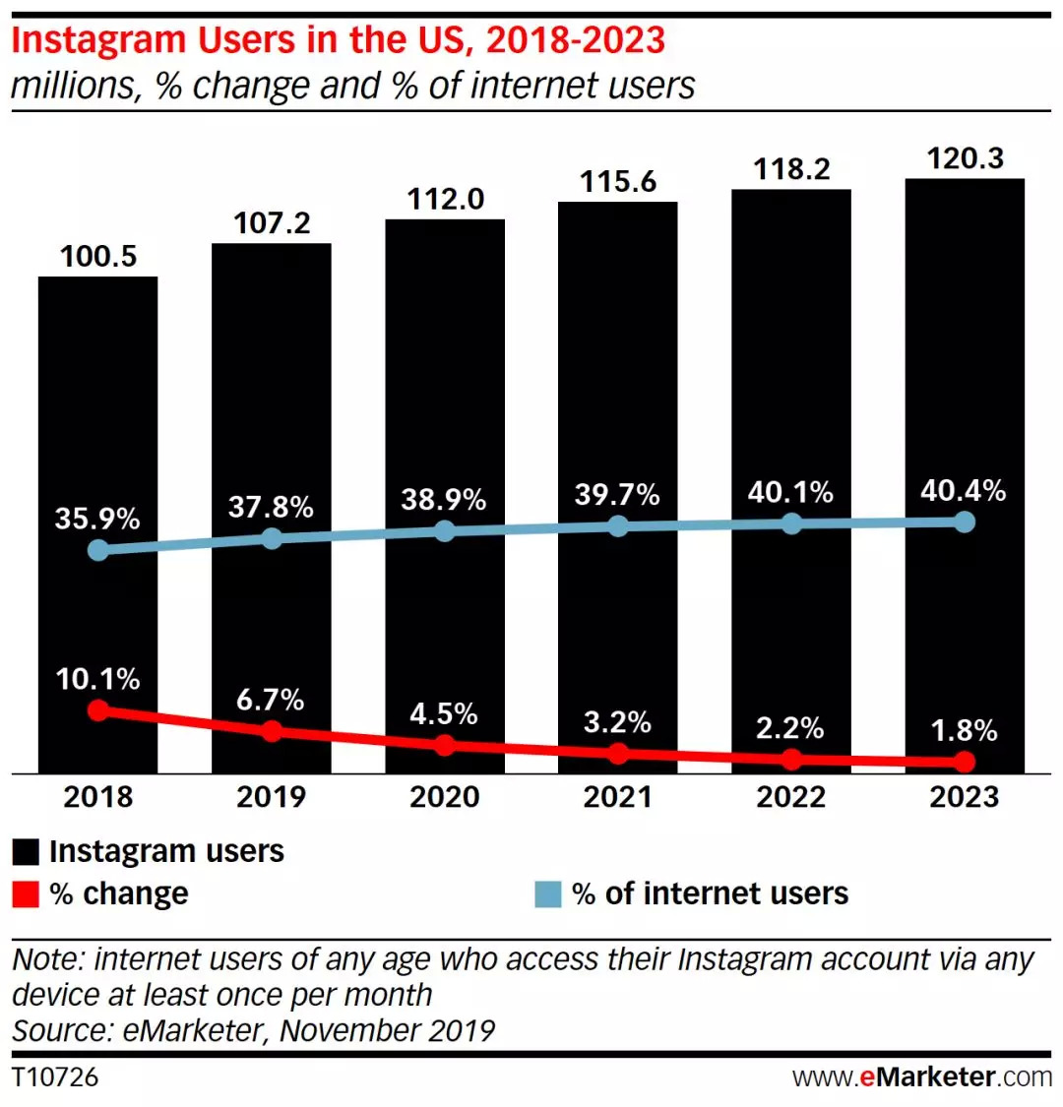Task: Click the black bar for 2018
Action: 97,413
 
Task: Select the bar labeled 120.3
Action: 965,344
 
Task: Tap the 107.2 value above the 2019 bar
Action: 272,222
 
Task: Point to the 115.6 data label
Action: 618,181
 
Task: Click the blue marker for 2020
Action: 445,530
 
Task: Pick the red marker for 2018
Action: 97,709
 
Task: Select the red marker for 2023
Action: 965,762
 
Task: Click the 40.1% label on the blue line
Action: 790,491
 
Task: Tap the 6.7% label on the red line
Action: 271,700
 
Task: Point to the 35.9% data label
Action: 97,518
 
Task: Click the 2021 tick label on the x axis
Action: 618,796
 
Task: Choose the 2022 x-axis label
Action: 790,796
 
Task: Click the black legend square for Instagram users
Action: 26,852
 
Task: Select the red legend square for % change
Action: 26,894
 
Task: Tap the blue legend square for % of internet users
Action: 548,894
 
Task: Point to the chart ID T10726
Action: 55,1076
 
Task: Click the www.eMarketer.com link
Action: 922,1076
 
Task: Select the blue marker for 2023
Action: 965,521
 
